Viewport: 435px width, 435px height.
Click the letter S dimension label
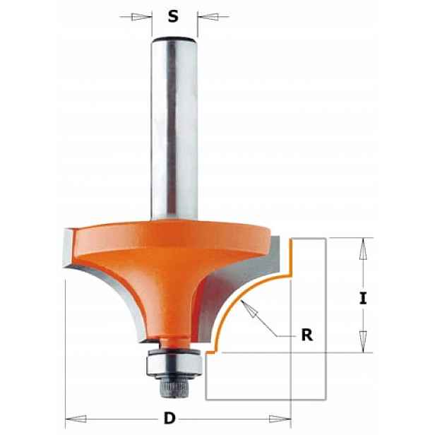coord(173,17)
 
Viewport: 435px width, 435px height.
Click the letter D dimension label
coord(169,418)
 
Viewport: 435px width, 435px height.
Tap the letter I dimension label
coord(363,299)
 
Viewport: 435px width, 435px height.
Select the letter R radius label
coord(306,335)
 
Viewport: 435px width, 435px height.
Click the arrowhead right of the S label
coord(208,17)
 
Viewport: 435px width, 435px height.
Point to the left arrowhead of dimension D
coord(76,419)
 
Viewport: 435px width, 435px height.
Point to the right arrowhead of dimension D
coord(280,419)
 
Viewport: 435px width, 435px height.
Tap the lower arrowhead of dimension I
coord(363,342)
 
